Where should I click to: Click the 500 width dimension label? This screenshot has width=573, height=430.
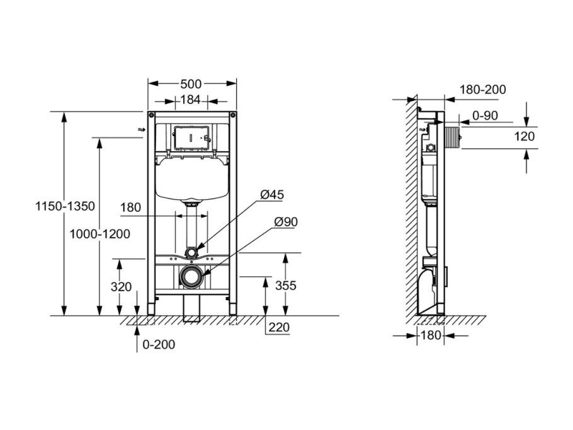coord(191,84)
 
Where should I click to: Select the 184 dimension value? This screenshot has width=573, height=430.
coord(190,100)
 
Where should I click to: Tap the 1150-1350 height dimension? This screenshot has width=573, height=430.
coord(65,206)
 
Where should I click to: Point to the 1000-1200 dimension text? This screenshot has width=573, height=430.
coord(99,234)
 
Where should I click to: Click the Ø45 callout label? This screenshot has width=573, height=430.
coord(272,195)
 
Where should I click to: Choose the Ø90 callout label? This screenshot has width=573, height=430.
coord(286,222)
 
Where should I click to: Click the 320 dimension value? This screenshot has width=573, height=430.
coord(121,287)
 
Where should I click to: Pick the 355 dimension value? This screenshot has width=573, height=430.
coord(286,286)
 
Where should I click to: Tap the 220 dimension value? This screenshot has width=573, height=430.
coord(279,327)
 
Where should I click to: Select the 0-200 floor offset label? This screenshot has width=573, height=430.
coord(159,344)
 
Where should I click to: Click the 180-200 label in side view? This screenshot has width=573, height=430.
coord(483,90)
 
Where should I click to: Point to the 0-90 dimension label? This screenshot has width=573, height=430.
coord(485,115)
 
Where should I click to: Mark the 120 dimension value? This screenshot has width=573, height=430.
coord(525,136)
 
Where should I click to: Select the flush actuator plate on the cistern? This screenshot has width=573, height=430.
coord(192,138)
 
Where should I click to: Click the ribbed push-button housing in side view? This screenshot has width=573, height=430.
coord(453,137)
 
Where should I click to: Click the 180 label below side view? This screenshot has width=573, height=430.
coord(431,335)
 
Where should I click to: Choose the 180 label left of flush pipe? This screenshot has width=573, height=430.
coord(130,208)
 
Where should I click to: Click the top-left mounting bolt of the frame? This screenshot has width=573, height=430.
coord(151,115)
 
